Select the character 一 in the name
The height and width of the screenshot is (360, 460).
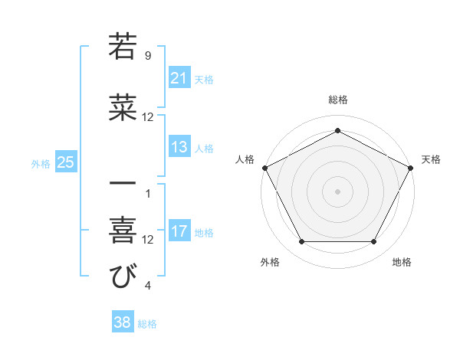pos(123,185)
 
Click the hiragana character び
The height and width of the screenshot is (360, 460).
pos(123,277)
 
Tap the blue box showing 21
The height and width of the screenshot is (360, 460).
pos(179,77)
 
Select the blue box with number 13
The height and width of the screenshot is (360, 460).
pos(179,148)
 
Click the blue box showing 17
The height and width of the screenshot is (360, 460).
pos(179,231)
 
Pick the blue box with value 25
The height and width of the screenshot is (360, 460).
pos(65,162)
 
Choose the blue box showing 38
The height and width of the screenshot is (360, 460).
pos(123,322)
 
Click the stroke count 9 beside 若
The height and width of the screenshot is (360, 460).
pos(147,55)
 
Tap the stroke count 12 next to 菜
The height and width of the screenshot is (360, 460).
pos(148,117)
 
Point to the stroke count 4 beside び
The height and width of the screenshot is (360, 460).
pos(147,286)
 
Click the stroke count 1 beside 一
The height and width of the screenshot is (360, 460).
pos(147,193)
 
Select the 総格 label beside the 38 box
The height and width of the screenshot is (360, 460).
pos(148,324)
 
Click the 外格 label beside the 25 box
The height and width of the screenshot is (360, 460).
pos(41,163)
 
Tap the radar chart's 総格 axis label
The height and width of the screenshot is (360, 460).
pos(337,100)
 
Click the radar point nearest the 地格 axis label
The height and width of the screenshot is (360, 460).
pos(374,242)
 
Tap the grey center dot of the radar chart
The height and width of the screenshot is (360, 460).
pos(337,191)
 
